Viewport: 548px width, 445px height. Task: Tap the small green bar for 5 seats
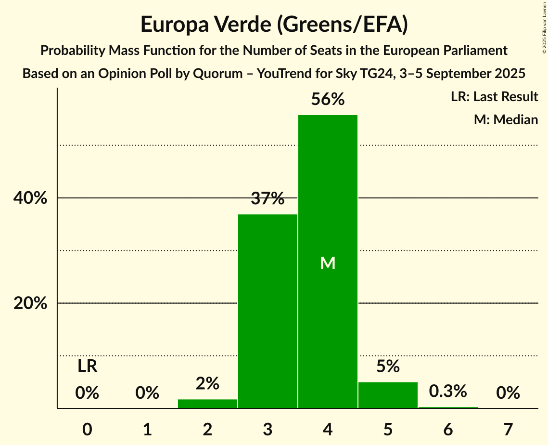click(388, 395)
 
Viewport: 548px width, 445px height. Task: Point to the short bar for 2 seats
click(207, 404)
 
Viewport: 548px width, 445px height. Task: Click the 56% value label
click(328, 100)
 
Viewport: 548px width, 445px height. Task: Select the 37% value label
click(268, 198)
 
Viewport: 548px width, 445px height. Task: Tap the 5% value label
click(388, 366)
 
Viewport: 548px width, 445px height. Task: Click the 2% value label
click(207, 384)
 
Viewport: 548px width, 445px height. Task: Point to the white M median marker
click(328, 263)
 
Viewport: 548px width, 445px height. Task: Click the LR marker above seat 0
click(88, 366)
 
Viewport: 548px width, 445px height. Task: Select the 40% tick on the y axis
click(30, 198)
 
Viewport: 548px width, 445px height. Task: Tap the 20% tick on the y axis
click(30, 303)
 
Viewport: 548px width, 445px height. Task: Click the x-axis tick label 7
click(508, 429)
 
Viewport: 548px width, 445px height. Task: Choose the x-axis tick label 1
click(147, 429)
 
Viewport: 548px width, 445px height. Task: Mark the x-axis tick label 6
click(448, 429)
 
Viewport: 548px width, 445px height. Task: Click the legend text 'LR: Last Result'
click(494, 97)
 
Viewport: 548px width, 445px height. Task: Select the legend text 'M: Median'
click(506, 119)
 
